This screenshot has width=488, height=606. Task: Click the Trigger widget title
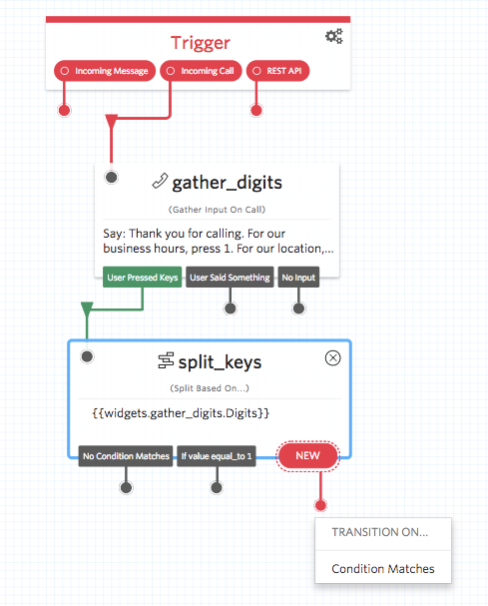200,42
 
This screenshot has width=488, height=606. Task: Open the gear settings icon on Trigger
333,37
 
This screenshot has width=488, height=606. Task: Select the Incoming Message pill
104,71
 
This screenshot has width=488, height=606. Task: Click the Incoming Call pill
200,71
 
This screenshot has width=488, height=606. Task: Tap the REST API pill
283,71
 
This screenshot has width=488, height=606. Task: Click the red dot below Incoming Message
65,109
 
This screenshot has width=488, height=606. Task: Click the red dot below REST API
256,109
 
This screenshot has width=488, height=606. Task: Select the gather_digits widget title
227,182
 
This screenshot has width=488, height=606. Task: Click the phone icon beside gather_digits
159,182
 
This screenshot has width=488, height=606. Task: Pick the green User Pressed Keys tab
141,277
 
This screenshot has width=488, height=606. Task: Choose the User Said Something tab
230,277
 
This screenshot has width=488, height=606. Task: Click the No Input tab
298,277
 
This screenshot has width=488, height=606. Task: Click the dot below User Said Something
230,307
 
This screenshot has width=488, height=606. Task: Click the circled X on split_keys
333,358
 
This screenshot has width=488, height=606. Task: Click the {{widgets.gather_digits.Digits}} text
187,412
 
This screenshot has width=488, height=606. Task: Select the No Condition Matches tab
126,457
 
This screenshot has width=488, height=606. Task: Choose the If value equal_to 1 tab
216,457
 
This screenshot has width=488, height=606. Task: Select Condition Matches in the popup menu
382,568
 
